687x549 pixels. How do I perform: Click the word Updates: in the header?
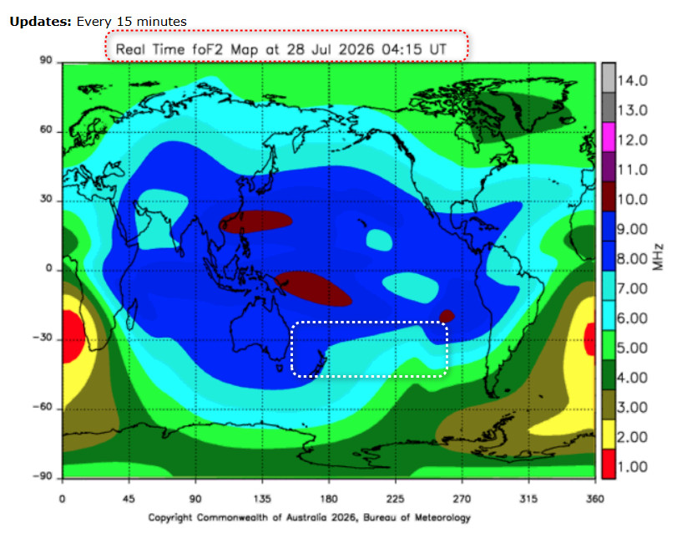tap(40, 22)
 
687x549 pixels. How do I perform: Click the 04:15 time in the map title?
tap(402, 49)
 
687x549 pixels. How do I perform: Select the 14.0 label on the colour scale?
tap(632, 81)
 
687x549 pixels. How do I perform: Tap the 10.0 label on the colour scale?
tap(632, 200)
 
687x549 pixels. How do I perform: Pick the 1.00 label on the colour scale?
tap(632, 466)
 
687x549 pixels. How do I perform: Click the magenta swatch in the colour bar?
tap(609, 137)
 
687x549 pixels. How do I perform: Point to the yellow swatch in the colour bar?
tap(609, 435)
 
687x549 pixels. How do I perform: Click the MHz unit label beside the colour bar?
tap(658, 257)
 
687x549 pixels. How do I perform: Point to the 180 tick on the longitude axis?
tap(329, 499)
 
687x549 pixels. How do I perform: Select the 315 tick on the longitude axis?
tap(528, 499)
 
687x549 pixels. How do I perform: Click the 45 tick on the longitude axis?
tap(129, 499)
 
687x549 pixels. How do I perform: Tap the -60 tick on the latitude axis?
tap(43, 407)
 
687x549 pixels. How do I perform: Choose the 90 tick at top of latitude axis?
tap(46, 60)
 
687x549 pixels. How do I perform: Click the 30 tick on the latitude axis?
tap(46, 199)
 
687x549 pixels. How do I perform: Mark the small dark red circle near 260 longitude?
tap(447, 316)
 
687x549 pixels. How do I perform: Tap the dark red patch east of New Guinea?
tap(313, 288)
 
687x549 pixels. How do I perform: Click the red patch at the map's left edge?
tap(72, 336)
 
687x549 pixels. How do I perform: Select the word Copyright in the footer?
tap(170, 518)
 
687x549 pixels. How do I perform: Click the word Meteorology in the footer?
tap(442, 518)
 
